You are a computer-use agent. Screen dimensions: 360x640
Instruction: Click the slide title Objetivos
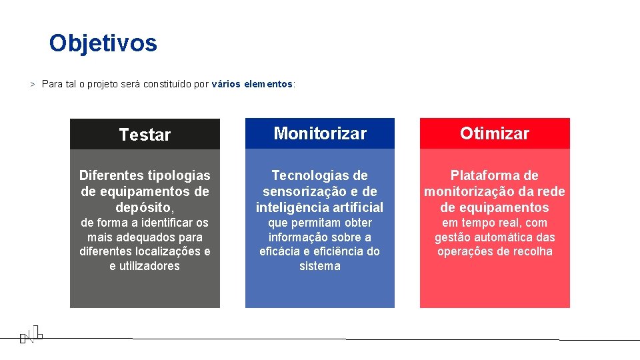(103, 43)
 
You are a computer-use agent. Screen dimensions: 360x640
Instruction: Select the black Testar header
(145, 135)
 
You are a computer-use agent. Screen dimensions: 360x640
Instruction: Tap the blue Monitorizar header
(320, 133)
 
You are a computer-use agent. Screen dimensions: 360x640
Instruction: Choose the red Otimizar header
(494, 133)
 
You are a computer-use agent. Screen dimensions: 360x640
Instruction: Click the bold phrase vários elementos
(252, 85)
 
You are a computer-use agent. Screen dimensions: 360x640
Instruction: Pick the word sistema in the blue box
(319, 266)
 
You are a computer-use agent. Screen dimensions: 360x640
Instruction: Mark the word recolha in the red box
(531, 251)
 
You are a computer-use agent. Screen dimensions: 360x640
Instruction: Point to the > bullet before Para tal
(32, 85)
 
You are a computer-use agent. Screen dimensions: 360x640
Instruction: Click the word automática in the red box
(507, 237)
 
